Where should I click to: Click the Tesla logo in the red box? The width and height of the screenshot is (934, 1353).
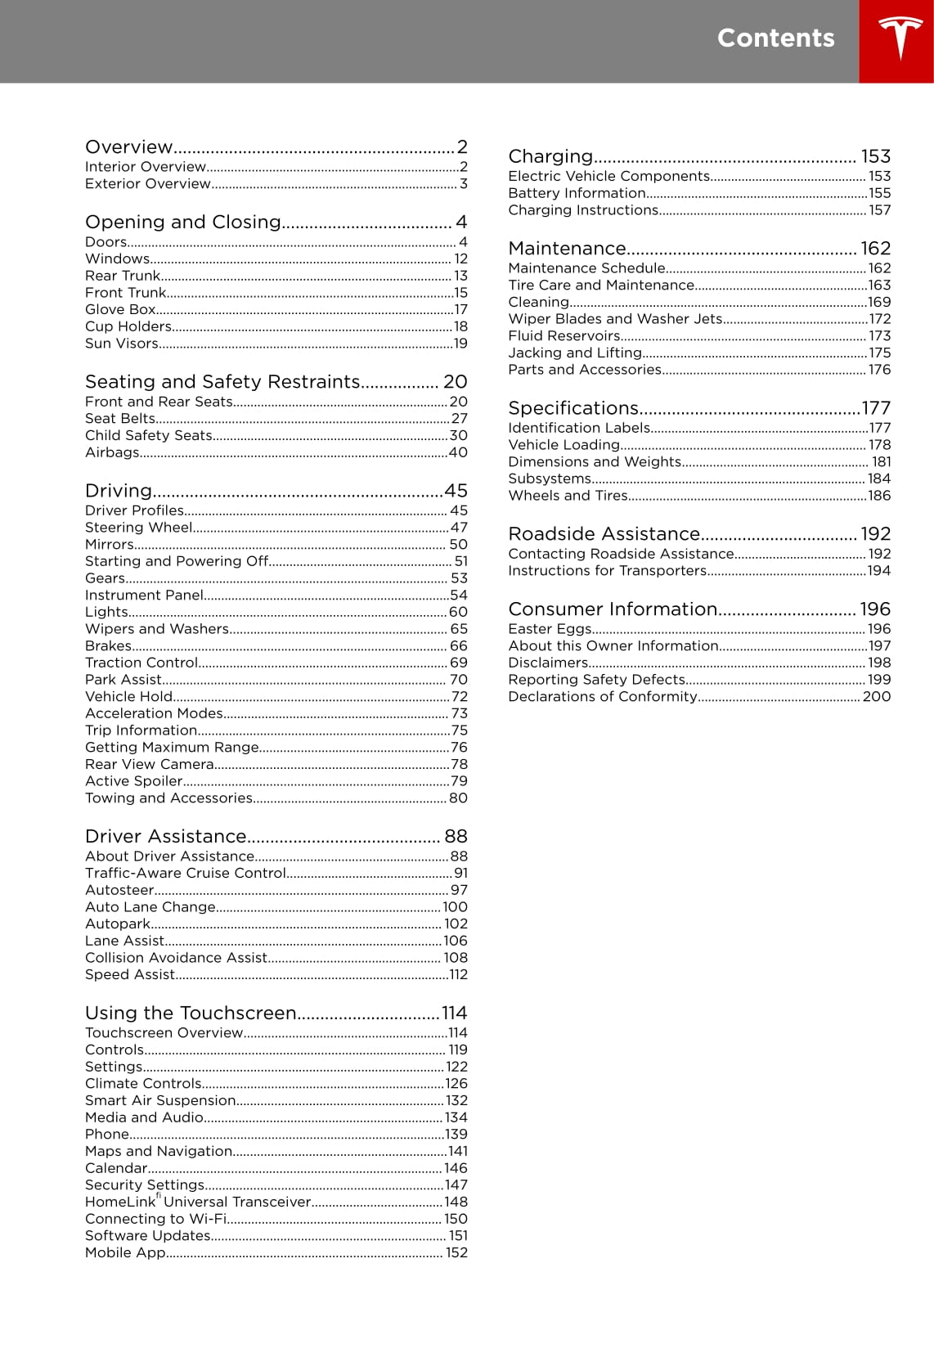pyautogui.click(x=900, y=38)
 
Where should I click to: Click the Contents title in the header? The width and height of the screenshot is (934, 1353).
pyautogui.click(x=775, y=38)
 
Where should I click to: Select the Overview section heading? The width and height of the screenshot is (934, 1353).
pyautogui.click(x=129, y=147)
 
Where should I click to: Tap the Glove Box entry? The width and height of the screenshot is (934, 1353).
pyautogui.click(x=120, y=309)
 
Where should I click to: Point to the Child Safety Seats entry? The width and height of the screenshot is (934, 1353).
pyautogui.click(x=149, y=435)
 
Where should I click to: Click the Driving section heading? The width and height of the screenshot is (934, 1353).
pyautogui.click(x=119, y=491)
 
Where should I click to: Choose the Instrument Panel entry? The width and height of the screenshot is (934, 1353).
pyautogui.click(x=144, y=595)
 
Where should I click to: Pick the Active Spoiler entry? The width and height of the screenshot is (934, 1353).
pyautogui.click(x=133, y=780)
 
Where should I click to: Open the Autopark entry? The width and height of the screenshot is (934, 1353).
pyautogui.click(x=118, y=924)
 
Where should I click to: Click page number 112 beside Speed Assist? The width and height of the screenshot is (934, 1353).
pyautogui.click(x=458, y=974)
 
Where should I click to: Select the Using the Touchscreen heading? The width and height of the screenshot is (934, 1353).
pyautogui.click(x=191, y=1013)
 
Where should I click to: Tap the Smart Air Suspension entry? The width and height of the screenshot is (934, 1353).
pyautogui.click(x=160, y=1100)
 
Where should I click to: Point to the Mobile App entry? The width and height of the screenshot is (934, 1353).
pyautogui.click(x=125, y=1252)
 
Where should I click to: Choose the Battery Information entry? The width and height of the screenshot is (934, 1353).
pyautogui.click(x=577, y=193)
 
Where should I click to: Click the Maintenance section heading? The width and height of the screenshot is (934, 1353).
pyautogui.click(x=567, y=249)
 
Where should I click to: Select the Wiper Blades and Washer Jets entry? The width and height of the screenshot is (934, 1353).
pyautogui.click(x=615, y=319)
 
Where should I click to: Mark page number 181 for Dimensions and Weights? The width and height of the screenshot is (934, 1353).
pyautogui.click(x=881, y=461)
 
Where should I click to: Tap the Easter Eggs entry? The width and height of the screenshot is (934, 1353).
pyautogui.click(x=550, y=628)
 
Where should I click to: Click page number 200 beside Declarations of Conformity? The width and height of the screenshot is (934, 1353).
pyautogui.click(x=876, y=696)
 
